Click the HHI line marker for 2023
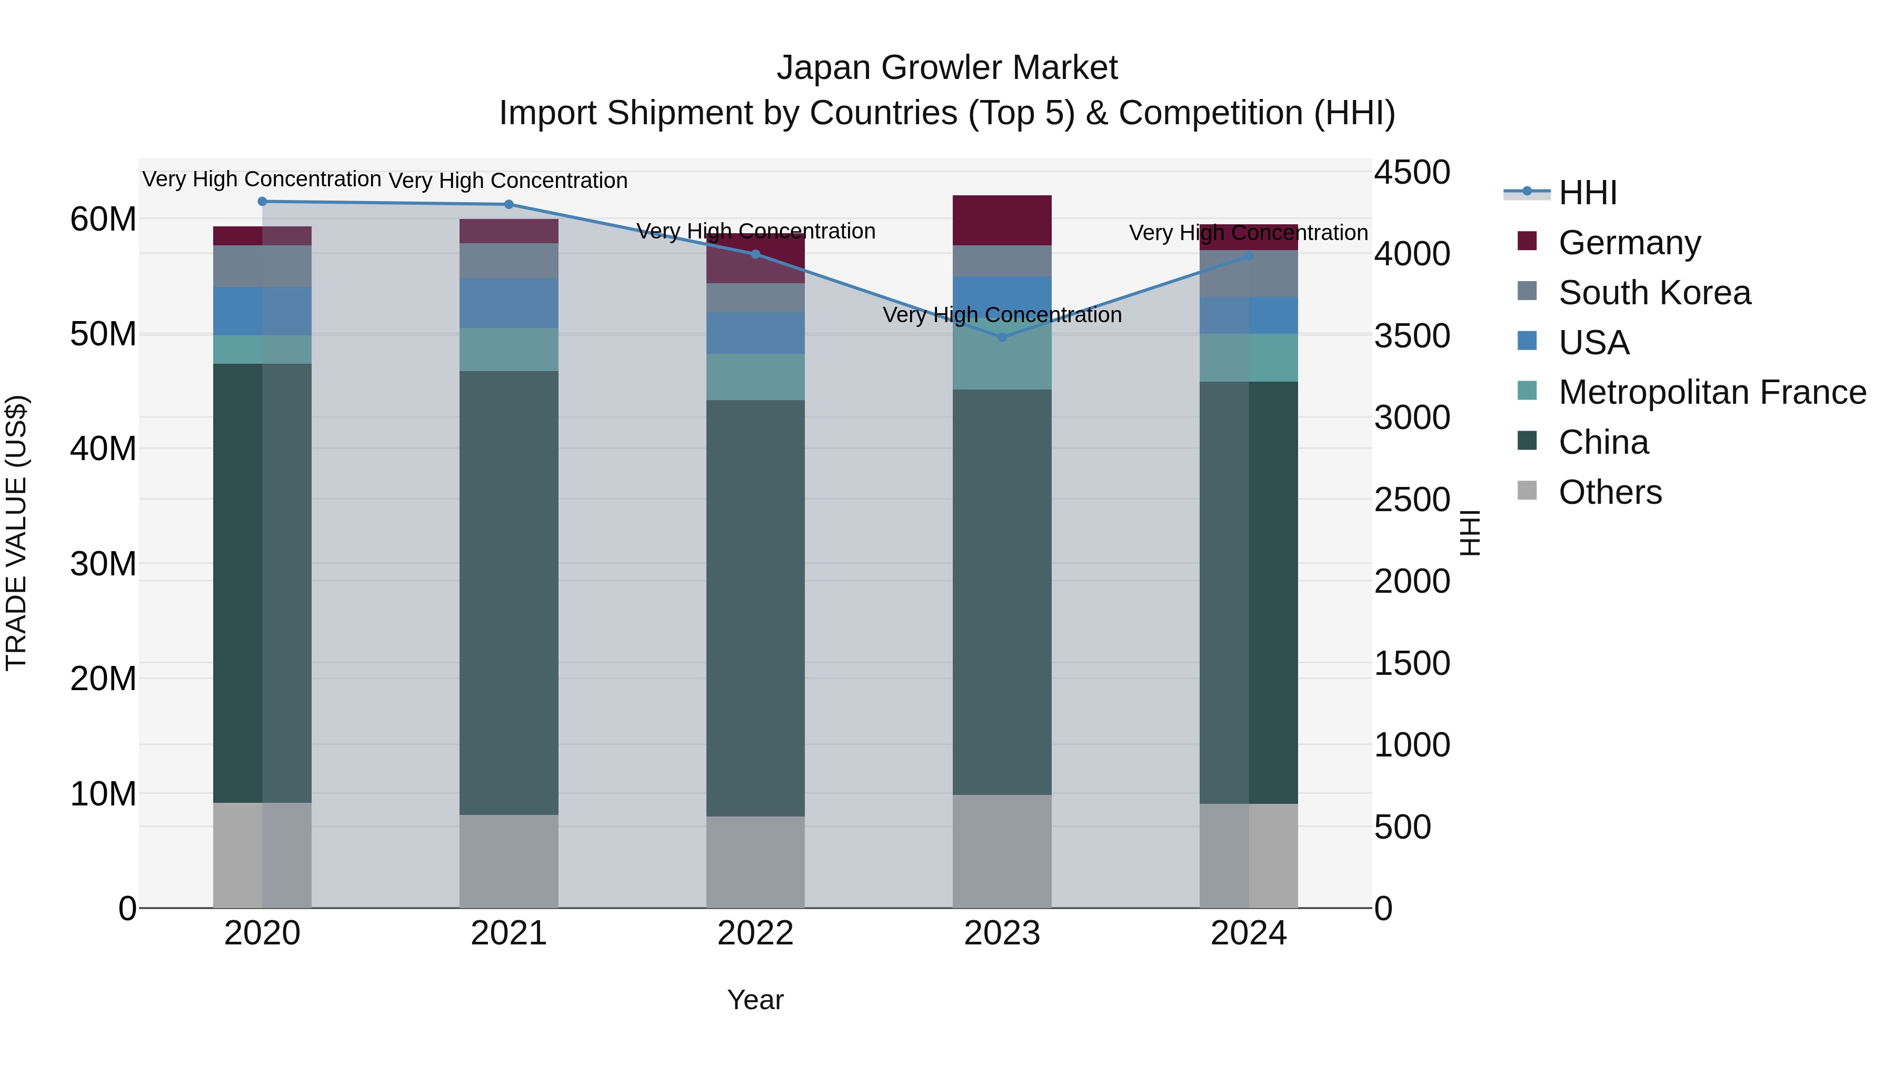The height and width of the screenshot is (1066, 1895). pos(1002,337)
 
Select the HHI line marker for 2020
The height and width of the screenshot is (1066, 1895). pos(262,202)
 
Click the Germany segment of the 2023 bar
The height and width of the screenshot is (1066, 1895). pos(1002,221)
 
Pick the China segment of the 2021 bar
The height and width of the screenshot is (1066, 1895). pos(508,592)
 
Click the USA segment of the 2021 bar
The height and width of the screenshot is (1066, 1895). pos(508,303)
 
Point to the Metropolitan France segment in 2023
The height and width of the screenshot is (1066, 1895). pos(1002,357)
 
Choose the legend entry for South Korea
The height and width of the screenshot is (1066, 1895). pos(1654,293)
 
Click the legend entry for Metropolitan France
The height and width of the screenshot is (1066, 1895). pos(1711,392)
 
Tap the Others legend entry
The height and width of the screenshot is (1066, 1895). pos(1610,492)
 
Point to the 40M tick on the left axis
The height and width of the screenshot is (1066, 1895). pos(103,449)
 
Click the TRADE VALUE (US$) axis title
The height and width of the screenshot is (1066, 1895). pos(16,533)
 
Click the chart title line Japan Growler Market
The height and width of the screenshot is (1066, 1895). pos(947,68)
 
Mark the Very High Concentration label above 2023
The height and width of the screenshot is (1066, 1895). pos(1002,315)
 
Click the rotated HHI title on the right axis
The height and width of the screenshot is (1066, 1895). pos(1469,533)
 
